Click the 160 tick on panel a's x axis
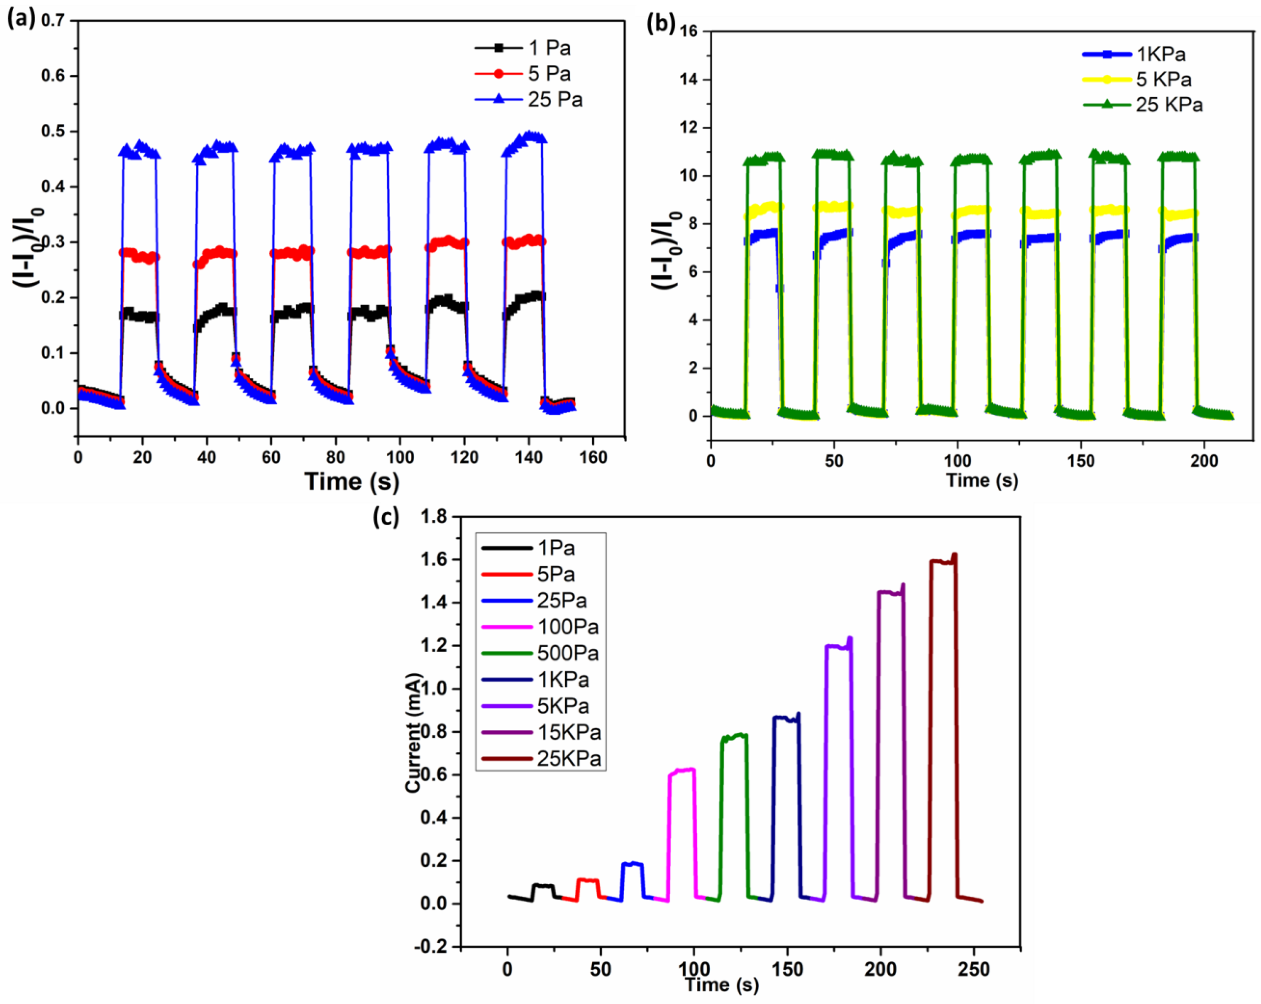pos(593,458)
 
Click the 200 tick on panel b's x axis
pos(1204,461)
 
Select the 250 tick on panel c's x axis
pos(973,969)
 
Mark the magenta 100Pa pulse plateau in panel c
pos(682,771)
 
